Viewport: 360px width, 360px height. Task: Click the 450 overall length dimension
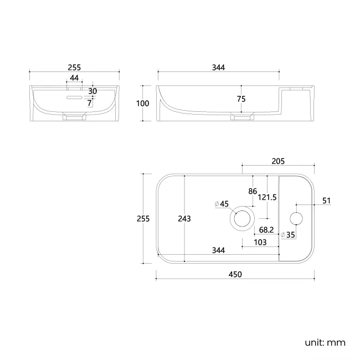pyautogui.click(x=235, y=274)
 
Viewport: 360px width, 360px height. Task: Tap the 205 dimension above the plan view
pyautogui.click(x=278, y=161)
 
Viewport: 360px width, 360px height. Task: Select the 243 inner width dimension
pyautogui.click(x=184, y=219)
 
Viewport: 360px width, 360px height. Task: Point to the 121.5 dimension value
pyautogui.click(x=268, y=197)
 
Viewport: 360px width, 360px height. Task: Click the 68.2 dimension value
pyautogui.click(x=266, y=230)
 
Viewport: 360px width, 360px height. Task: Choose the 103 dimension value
pyautogui.click(x=260, y=242)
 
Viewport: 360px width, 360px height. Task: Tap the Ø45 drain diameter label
pyautogui.click(x=222, y=204)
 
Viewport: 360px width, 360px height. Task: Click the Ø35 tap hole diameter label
pyautogui.click(x=288, y=235)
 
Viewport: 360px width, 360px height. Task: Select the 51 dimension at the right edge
pyautogui.click(x=326, y=201)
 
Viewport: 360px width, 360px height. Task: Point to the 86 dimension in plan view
pyautogui.click(x=253, y=191)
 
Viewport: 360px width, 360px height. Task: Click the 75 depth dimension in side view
pyautogui.click(x=241, y=99)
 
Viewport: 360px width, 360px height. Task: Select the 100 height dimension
pyautogui.click(x=142, y=104)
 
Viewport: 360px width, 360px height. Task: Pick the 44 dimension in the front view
pyautogui.click(x=74, y=78)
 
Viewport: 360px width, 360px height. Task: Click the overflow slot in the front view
pyautogui.click(x=74, y=97)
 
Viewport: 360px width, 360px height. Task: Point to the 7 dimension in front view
pyautogui.click(x=90, y=104)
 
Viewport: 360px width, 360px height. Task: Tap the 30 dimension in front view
pyautogui.click(x=92, y=91)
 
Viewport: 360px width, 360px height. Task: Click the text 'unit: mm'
pyautogui.click(x=325, y=343)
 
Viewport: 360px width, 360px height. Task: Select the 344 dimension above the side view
pyautogui.click(x=218, y=68)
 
